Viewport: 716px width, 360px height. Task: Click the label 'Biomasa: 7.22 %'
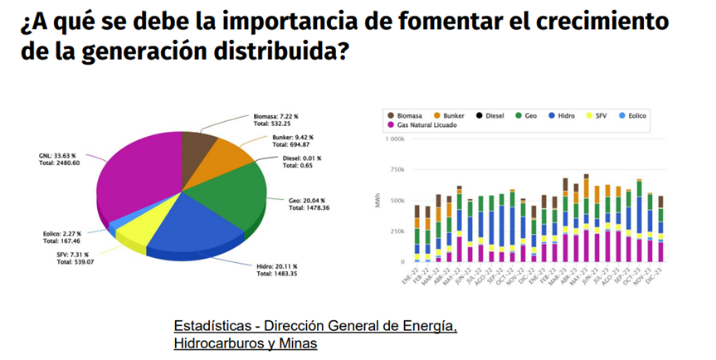279,117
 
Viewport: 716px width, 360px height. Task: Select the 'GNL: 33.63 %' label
57,154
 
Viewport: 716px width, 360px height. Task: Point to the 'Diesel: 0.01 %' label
301,158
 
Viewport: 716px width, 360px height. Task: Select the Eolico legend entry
635,115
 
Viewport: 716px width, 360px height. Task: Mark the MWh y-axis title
377,200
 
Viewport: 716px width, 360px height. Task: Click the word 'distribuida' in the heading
275,51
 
